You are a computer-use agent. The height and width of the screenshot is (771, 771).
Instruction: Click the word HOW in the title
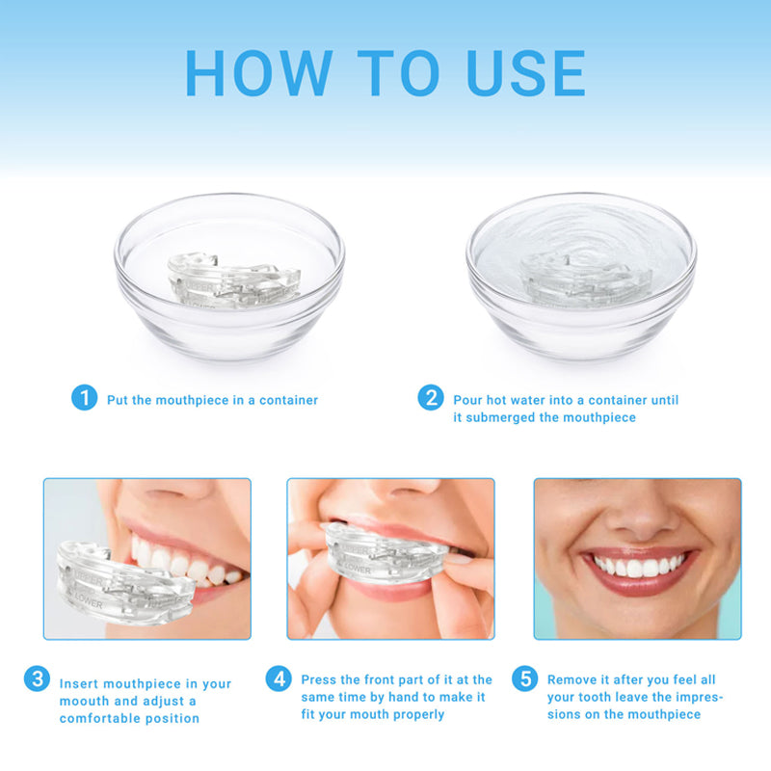[256, 72]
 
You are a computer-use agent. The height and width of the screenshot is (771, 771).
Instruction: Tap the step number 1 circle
[85, 397]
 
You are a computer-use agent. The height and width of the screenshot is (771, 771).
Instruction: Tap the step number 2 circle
[431, 397]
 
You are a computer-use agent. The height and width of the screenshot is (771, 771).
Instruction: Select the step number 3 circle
[37, 679]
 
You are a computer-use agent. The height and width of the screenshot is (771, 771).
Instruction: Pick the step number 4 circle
[279, 679]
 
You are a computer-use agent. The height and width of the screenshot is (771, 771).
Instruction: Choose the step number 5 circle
[525, 679]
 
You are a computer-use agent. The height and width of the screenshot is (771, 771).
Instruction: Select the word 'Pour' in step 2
[468, 400]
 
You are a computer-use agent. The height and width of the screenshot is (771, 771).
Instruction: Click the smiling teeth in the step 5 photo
[637, 565]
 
